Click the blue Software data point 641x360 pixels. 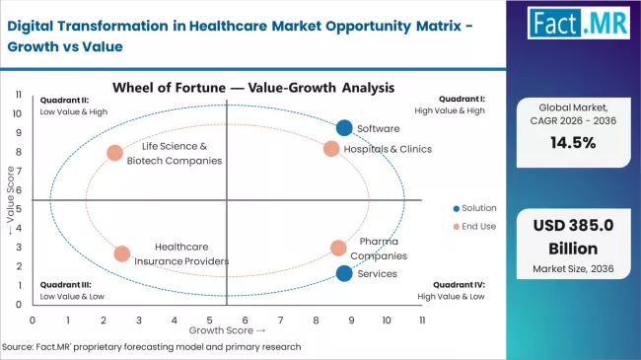(343, 127)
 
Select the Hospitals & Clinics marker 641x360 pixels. (331, 149)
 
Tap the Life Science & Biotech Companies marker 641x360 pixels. (114, 153)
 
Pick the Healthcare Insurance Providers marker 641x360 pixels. (121, 253)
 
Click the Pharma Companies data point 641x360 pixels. (338, 249)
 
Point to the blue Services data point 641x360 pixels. (343, 273)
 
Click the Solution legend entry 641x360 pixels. (473, 208)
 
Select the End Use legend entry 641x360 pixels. (473, 227)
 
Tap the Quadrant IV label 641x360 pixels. (460, 284)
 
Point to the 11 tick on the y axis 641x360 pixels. (20, 95)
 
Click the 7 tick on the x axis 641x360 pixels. (281, 321)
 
